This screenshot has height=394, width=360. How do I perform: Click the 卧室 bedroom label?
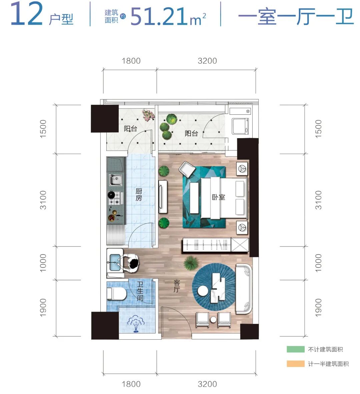point(218,197)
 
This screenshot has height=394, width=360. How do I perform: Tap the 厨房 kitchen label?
point(139,194)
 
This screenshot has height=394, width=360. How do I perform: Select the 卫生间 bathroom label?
point(140,291)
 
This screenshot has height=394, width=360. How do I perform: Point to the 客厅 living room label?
point(177,286)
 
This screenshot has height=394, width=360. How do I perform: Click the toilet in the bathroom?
point(116,294)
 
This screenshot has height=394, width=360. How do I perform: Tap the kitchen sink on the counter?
point(115,180)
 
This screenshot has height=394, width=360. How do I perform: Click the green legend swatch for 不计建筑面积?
point(295,349)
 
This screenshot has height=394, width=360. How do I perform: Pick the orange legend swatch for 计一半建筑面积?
point(295,364)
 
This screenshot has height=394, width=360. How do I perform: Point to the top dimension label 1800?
point(131,61)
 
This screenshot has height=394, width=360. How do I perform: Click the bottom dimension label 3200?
point(207,384)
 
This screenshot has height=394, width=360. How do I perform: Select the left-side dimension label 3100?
point(43,200)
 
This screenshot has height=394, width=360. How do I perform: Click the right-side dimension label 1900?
point(318,308)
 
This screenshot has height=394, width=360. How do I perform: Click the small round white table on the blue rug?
point(203,291)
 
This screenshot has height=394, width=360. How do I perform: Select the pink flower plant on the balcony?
point(148,114)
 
